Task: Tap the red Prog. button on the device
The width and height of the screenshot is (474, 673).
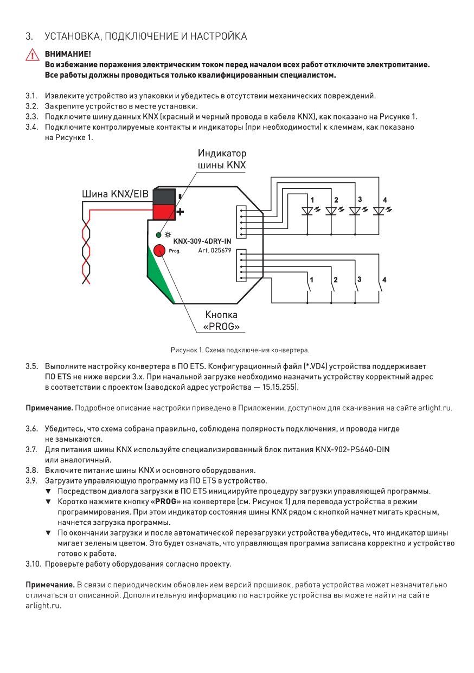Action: (x=159, y=250)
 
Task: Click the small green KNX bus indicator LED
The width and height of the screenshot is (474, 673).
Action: (x=158, y=235)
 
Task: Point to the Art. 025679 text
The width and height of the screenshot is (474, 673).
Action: (x=215, y=251)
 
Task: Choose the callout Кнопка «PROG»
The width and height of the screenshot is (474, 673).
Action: (x=221, y=321)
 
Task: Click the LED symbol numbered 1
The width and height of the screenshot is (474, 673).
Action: (x=307, y=211)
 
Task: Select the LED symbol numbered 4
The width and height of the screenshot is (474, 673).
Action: (x=380, y=211)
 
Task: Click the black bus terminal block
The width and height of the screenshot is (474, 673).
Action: (x=164, y=195)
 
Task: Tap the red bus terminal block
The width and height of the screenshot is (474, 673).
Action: (x=164, y=211)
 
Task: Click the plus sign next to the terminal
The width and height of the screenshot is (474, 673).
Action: (x=180, y=212)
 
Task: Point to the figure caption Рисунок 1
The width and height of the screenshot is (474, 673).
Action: (x=240, y=350)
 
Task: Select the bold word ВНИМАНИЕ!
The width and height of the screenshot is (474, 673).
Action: (x=68, y=54)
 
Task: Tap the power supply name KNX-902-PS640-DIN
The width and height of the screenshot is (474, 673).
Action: (x=353, y=449)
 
